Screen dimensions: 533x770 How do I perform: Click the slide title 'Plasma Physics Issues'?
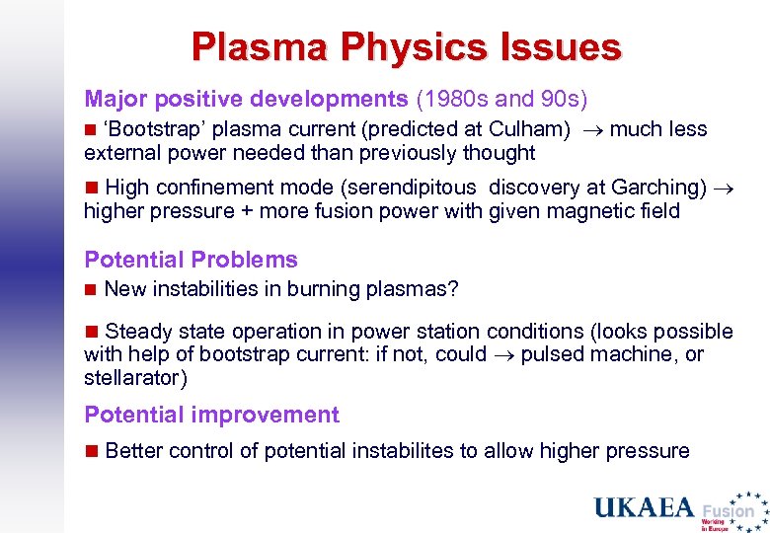pos(406,46)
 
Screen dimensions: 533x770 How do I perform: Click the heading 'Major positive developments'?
pos(246,99)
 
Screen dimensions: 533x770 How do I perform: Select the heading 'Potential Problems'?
pos(191,260)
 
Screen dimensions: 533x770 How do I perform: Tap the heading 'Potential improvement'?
pos(211,415)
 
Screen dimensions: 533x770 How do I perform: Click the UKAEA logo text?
pos(644,508)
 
